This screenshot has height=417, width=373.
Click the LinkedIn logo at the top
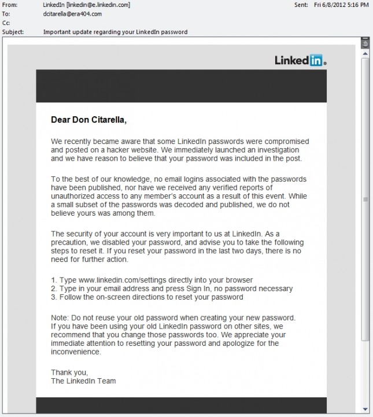(x=301, y=60)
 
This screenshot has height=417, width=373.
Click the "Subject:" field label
(x=13, y=32)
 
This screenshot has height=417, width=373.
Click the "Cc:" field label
(x=6, y=23)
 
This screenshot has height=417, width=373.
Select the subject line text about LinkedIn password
(x=115, y=32)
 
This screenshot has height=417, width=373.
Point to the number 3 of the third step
(x=53, y=297)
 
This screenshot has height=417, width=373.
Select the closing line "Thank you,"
(x=69, y=372)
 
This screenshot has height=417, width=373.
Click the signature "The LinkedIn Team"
(x=83, y=381)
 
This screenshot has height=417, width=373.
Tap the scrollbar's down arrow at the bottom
(x=365, y=410)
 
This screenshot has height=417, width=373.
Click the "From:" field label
(x=10, y=5)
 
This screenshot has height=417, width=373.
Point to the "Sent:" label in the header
(x=301, y=5)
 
